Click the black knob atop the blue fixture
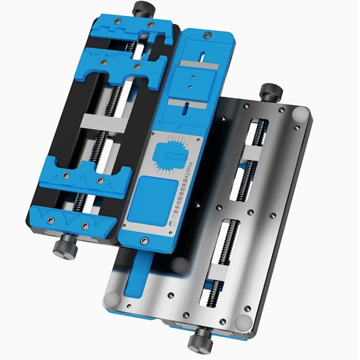(x=141, y=8)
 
